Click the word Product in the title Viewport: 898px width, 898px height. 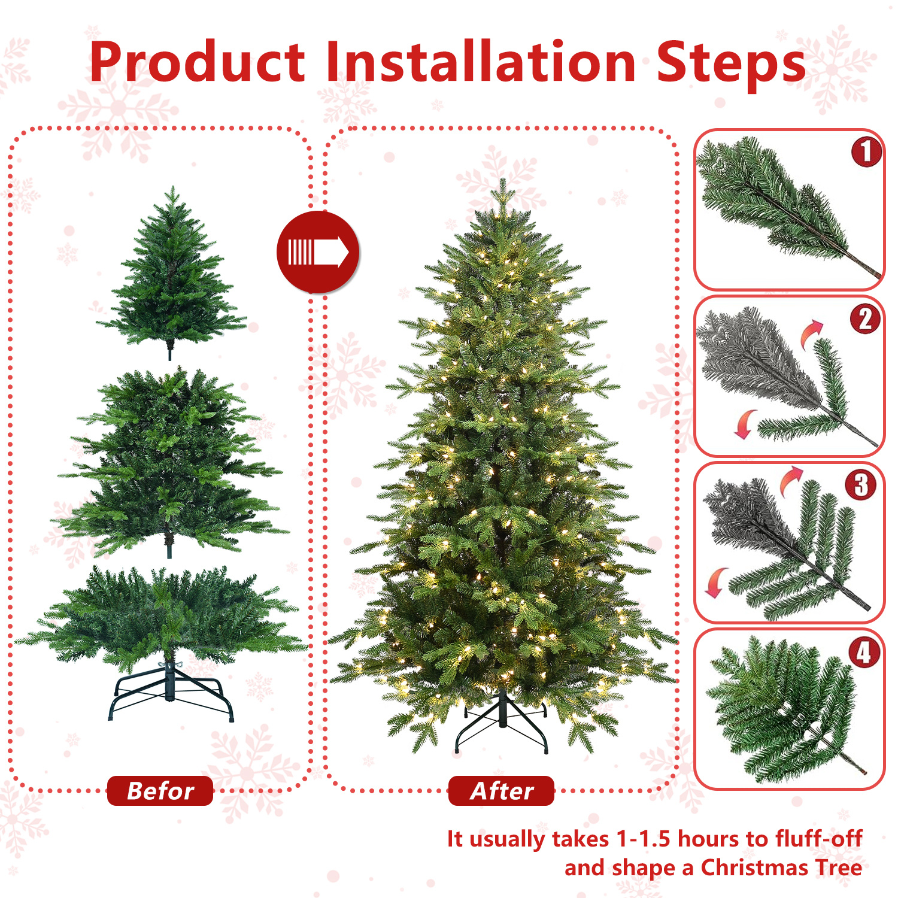click(198, 63)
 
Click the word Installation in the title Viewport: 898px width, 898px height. click(480, 62)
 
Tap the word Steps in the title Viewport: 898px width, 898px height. click(731, 63)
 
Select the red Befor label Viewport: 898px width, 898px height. click(160, 791)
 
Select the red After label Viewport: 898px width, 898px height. click(501, 791)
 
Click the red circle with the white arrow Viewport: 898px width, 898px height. click(318, 252)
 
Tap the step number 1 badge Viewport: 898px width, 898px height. click(866, 151)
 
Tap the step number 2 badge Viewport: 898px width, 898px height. click(865, 318)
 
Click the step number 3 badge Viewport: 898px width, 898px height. click(861, 485)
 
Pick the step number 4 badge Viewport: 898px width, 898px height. click(864, 652)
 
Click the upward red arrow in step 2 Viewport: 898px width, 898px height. click(812, 333)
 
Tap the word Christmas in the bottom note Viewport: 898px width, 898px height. click(753, 867)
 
